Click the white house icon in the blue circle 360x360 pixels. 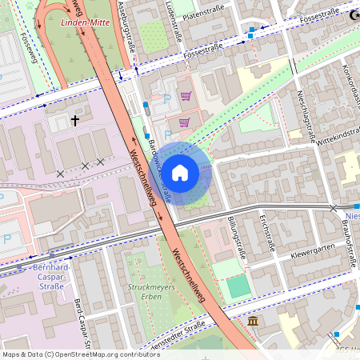(180, 171)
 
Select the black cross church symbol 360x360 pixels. (76, 121)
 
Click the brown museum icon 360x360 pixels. (253, 321)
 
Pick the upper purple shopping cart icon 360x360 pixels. (186, 97)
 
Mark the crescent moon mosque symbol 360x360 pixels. (353, 14)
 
